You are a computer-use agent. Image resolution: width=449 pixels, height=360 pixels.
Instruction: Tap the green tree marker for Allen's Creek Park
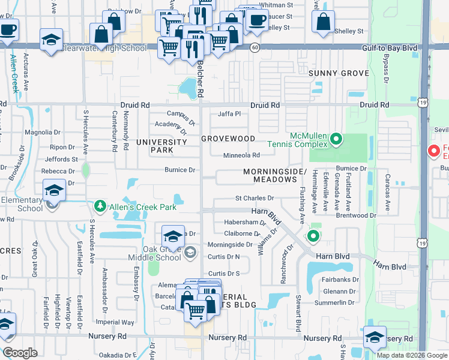(100, 207)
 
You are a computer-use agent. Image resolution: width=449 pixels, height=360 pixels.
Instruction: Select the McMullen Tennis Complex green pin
(336, 140)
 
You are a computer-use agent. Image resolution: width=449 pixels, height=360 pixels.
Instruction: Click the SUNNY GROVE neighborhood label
(339, 73)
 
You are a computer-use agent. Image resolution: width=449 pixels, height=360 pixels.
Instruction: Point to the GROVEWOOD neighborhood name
(228, 138)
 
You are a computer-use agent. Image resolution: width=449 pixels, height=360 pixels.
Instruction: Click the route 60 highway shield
(255, 47)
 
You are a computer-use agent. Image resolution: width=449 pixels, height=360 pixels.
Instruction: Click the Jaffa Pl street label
(229, 113)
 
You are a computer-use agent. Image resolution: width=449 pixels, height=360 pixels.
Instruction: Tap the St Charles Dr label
(254, 197)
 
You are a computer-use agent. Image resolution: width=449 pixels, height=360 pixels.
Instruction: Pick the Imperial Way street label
(115, 322)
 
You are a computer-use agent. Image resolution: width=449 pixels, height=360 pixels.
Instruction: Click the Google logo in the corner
(20, 353)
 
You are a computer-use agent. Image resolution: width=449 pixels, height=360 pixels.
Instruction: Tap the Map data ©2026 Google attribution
(412, 355)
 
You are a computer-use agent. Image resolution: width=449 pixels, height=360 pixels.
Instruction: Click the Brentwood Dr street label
(356, 215)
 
